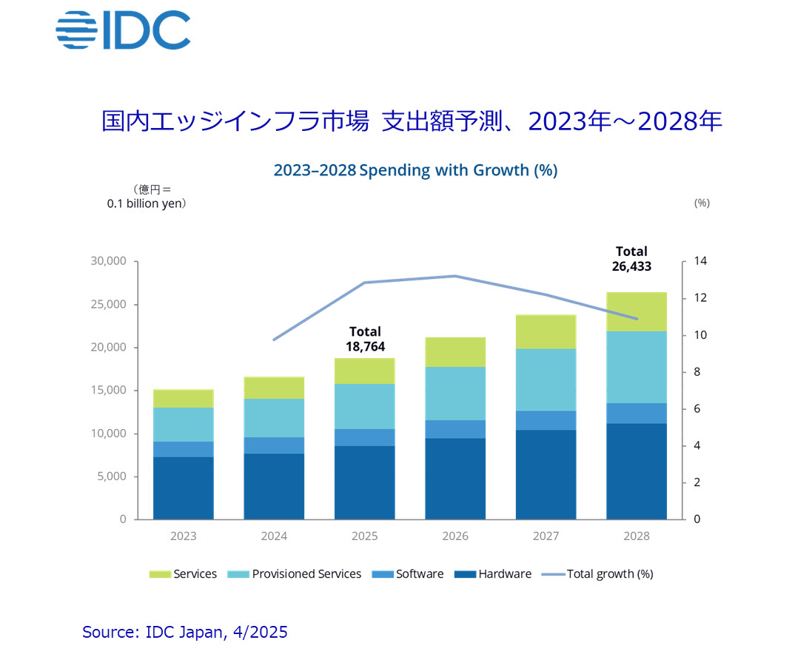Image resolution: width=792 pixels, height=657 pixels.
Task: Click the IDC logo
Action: point(123,30)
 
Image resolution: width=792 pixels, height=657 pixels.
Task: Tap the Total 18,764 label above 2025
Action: point(366,339)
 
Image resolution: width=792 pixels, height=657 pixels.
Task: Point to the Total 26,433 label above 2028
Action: point(631,259)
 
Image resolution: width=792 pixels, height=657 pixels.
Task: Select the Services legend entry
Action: point(184,574)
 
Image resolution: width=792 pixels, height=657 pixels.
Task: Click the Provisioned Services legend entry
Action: point(297,574)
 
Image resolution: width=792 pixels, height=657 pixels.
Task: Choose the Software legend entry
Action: point(410,574)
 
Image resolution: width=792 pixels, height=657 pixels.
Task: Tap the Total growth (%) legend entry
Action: point(597,574)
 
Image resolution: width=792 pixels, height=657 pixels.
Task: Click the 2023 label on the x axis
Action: point(184,536)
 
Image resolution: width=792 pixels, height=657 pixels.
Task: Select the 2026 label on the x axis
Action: point(455,536)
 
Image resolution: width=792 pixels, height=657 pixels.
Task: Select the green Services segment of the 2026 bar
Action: point(455,352)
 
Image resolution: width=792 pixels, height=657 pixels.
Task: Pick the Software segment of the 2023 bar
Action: point(184,449)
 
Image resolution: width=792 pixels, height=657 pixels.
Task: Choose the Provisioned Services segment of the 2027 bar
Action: point(546,380)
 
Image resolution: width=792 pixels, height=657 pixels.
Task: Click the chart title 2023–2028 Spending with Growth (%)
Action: point(415,170)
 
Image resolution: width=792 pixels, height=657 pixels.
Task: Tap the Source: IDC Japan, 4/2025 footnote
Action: point(185,632)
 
